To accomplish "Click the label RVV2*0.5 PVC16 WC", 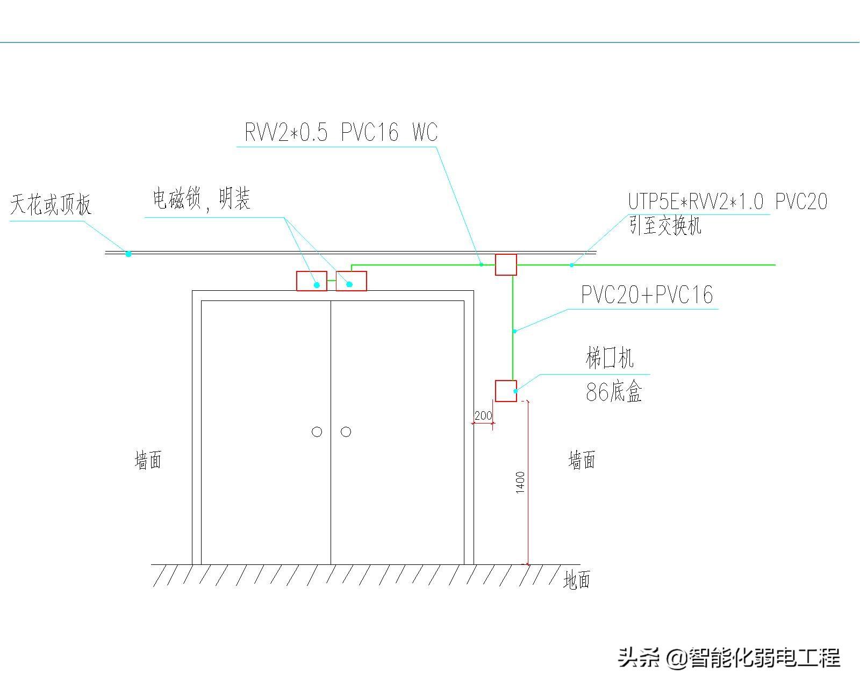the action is (x=341, y=132).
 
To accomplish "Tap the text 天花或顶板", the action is (x=51, y=204).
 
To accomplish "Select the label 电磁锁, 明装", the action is (x=202, y=199).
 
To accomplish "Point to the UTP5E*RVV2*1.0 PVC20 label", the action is (x=727, y=202).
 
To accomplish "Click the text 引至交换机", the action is (x=665, y=225).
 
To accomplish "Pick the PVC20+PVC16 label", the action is (x=647, y=295).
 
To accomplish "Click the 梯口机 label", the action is (x=610, y=358).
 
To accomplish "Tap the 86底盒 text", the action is (x=614, y=391).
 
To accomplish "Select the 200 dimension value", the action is (x=483, y=416).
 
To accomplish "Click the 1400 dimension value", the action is (x=520, y=483).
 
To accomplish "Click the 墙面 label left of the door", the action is (x=148, y=460).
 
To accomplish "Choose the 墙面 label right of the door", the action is (x=582, y=460).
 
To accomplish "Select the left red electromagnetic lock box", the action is (x=312, y=281).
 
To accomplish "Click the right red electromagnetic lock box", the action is (x=352, y=281).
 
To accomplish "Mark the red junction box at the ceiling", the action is (x=506, y=264).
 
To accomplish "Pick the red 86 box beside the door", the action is (x=506, y=391).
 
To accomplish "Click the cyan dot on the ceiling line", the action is (x=128, y=254).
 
